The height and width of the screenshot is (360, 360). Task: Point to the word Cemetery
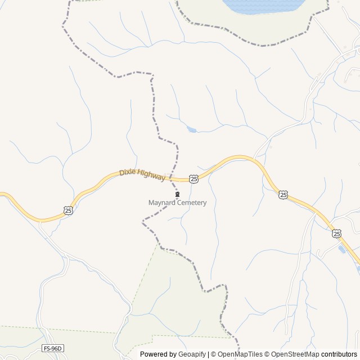tap(191, 202)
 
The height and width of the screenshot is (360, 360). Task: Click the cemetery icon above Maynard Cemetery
tap(178, 195)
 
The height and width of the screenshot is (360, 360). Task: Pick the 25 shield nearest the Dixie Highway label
tap(193, 178)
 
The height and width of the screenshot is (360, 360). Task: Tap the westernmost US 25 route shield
tap(68, 210)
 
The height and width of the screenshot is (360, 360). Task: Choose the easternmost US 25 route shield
tap(336, 233)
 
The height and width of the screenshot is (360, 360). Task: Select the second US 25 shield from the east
tap(283, 195)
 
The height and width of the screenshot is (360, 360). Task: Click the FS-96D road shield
tap(53, 349)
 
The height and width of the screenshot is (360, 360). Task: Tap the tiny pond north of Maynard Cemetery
tap(192, 129)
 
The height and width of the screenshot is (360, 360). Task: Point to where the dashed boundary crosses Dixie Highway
tap(172, 178)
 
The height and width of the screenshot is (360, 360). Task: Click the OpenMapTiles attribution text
tap(240, 354)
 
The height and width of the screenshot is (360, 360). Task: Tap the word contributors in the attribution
tap(340, 354)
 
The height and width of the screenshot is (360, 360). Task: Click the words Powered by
tap(157, 354)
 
